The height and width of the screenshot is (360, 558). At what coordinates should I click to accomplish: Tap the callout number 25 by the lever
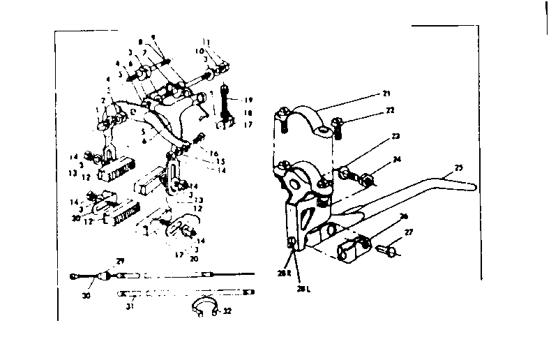458,167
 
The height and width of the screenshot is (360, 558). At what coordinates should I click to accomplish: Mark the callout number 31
130,305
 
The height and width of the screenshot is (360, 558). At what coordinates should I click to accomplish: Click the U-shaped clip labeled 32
204,307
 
